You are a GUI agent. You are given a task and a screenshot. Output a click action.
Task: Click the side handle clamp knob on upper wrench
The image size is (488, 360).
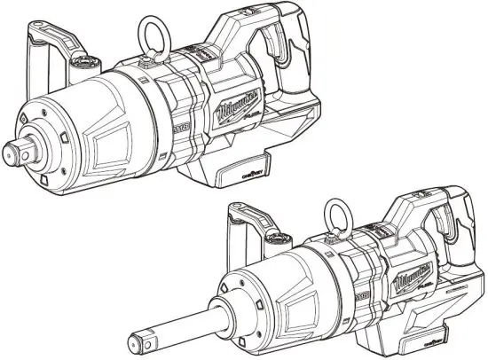87,63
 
